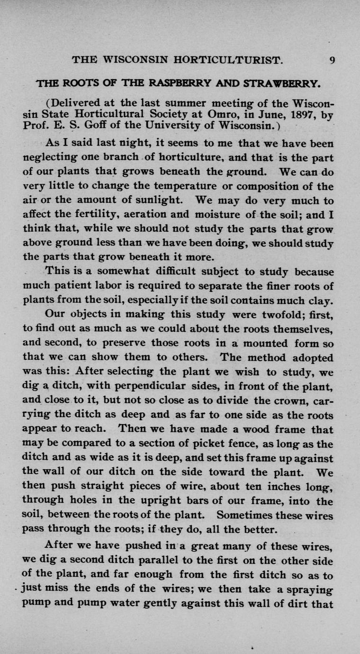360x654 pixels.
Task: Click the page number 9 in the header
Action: point(332,60)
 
